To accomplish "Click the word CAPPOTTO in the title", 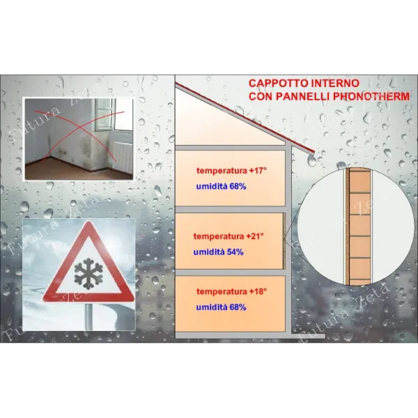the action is tap(278, 83).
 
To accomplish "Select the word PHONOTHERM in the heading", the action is tap(371, 96).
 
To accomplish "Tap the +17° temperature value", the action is tap(258, 171).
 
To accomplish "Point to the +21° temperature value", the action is tap(255, 236).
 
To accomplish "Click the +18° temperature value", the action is tap(258, 291).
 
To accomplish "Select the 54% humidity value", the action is tap(235, 252).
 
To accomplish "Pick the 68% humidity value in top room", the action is tap(238, 186).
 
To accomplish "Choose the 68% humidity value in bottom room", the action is tap(238, 307).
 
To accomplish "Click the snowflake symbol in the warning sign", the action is tap(88, 274).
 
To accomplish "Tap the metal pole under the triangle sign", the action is tap(88, 316).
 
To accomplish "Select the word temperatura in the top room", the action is tap(222, 171).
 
